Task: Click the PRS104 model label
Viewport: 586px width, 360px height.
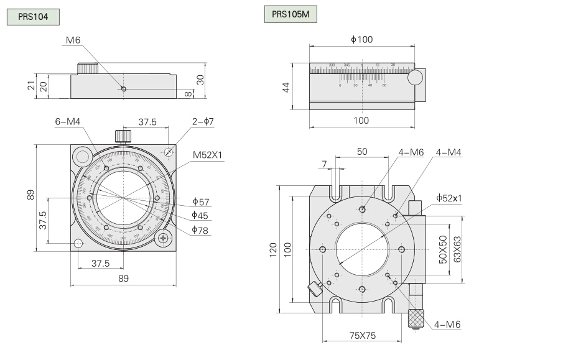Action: (32, 17)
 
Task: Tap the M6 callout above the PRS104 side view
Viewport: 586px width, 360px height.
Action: (73, 40)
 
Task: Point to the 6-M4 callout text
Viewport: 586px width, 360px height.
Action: (68, 122)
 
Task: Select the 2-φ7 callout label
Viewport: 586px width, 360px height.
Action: (203, 122)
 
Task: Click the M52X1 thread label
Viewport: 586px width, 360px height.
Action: (207, 154)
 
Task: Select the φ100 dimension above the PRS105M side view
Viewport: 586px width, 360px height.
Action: (361, 40)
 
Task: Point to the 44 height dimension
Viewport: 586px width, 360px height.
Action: (287, 87)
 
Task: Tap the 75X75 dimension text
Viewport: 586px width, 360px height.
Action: (361, 336)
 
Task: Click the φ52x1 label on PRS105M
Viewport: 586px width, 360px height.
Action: (449, 198)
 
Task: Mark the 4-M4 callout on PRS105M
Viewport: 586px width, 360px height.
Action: (449, 152)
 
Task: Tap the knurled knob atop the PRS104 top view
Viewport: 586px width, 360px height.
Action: (123, 135)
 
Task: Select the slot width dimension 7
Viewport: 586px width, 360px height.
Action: (324, 164)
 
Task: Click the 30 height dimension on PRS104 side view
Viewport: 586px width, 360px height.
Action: (200, 79)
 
